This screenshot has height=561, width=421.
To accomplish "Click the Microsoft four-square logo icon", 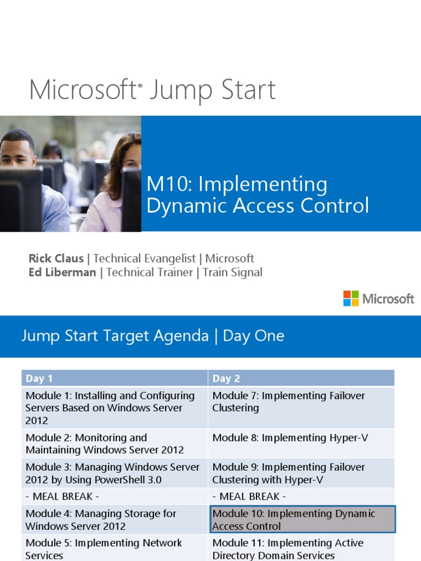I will (351, 299).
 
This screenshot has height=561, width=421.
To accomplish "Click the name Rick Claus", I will (56, 259).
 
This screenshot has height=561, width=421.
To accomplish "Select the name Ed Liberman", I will (62, 272).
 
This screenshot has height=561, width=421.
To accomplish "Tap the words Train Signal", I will (232, 272).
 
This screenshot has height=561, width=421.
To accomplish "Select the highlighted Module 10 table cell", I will (303, 520).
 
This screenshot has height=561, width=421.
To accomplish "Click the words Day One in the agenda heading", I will (253, 336).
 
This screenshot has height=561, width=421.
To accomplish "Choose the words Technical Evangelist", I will (146, 259).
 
